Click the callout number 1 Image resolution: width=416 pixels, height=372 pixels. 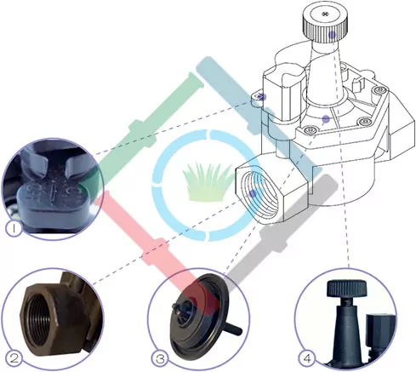click(14, 228)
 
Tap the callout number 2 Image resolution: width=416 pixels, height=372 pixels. click(14, 358)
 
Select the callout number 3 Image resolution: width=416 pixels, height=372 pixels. click(160, 359)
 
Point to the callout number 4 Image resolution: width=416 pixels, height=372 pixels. click(307, 358)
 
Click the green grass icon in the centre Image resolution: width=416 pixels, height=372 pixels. click(205, 182)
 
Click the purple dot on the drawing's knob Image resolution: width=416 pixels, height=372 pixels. click(332, 35)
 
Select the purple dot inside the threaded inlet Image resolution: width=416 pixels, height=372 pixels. click(253, 194)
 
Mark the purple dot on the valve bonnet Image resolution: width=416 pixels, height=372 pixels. click(326, 119)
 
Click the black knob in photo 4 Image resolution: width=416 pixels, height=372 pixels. click(347, 289)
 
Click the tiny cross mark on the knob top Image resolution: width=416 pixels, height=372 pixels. click(325, 14)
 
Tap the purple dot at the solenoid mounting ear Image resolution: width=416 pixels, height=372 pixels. click(263, 97)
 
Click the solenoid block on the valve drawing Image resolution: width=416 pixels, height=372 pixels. click(284, 94)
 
